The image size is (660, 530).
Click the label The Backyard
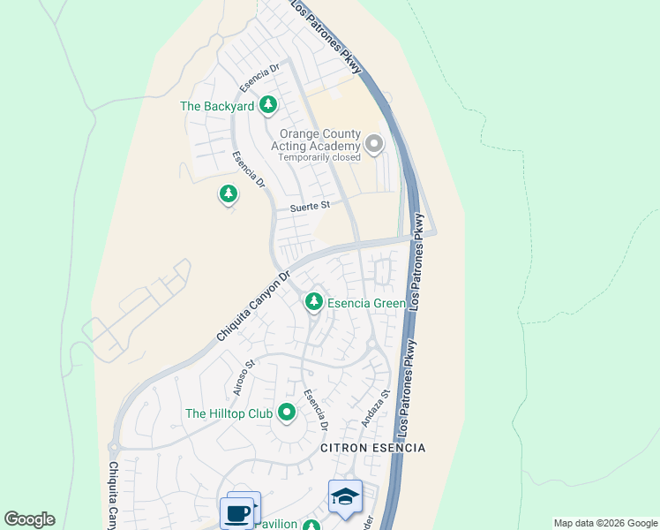(x=217, y=106)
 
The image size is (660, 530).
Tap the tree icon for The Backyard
(x=268, y=106)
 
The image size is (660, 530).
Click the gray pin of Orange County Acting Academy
(x=374, y=143)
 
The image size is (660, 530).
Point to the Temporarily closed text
(x=319, y=157)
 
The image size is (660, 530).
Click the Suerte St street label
(x=310, y=206)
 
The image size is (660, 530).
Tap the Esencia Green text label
(x=366, y=303)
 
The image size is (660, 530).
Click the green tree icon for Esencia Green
(x=313, y=302)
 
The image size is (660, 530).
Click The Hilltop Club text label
(x=229, y=413)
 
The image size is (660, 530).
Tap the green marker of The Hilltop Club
(x=286, y=413)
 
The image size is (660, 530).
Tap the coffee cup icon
(x=237, y=512)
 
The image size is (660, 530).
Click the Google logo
(x=29, y=519)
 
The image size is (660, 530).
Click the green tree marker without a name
(x=229, y=193)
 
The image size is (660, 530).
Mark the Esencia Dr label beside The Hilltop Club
(x=316, y=410)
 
